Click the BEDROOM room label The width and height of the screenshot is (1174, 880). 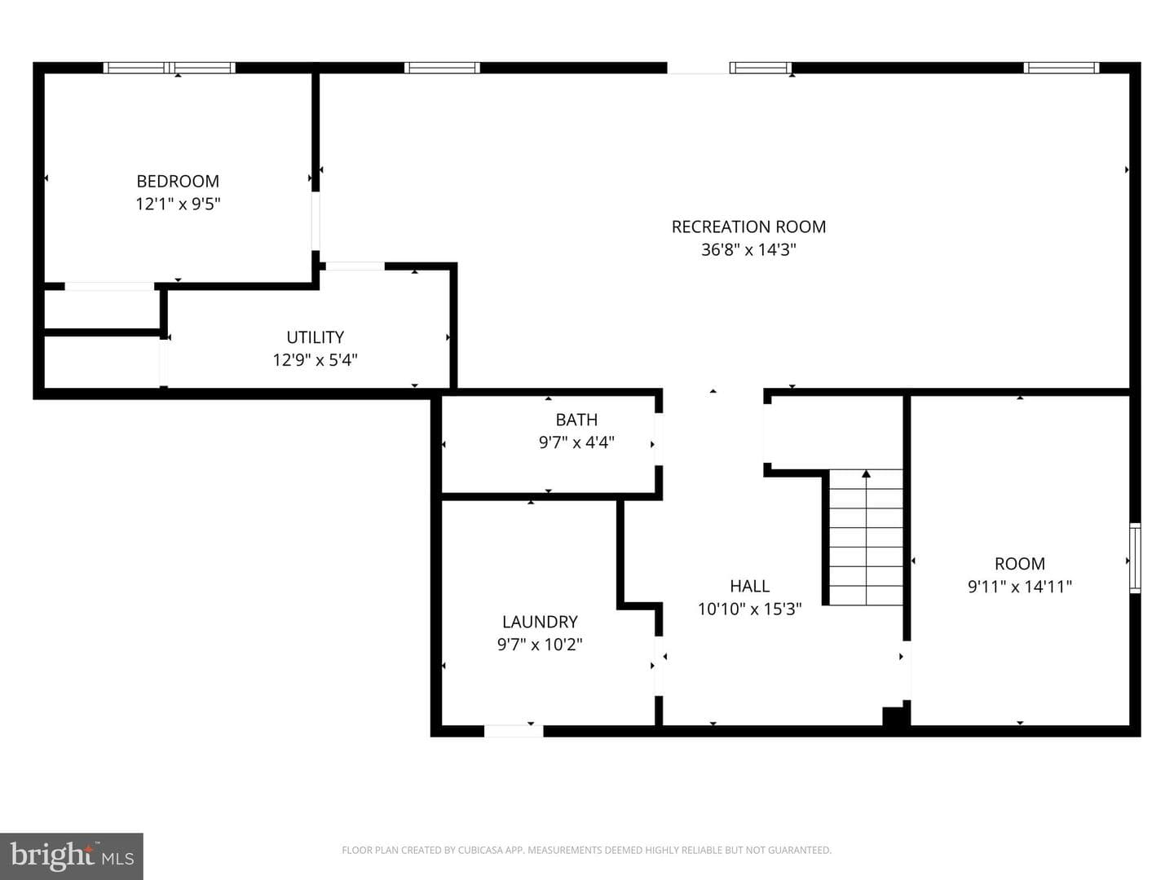[178, 181]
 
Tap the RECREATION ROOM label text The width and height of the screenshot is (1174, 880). [748, 227]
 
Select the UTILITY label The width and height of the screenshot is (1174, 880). [315, 337]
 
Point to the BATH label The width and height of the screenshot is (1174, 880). [576, 420]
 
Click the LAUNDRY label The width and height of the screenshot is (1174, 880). [540, 622]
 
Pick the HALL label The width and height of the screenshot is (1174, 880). [749, 586]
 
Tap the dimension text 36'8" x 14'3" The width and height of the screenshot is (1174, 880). [748, 249]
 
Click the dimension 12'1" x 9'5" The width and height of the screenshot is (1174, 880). [178, 204]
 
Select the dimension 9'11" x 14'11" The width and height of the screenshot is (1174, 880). [1019, 587]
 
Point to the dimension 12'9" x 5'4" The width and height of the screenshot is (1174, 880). [315, 360]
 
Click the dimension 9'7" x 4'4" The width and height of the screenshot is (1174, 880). [576, 442]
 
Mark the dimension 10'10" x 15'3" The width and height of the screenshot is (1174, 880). [749, 609]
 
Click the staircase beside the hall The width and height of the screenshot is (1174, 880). [865, 537]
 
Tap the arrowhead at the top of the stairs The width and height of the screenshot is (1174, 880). [866, 473]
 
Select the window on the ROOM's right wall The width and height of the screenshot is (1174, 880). [1134, 558]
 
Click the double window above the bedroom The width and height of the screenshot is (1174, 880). [169, 68]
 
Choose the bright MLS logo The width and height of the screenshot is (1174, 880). [71, 856]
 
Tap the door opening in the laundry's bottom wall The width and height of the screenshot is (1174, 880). [514, 731]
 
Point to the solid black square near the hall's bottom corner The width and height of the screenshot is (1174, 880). [893, 716]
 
